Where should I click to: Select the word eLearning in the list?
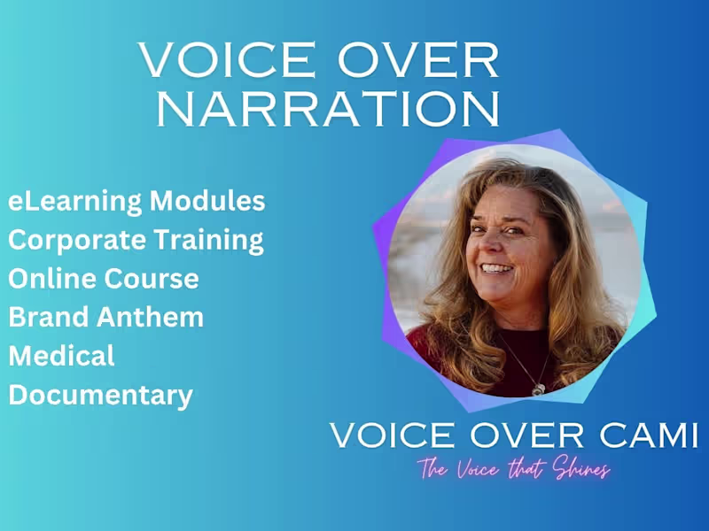(74, 202)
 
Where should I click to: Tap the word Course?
(152, 279)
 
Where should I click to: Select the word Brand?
(46, 317)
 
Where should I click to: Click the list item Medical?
(62, 356)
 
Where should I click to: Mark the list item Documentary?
(100, 395)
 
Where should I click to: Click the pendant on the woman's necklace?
(538, 387)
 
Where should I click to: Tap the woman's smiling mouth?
(497, 269)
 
